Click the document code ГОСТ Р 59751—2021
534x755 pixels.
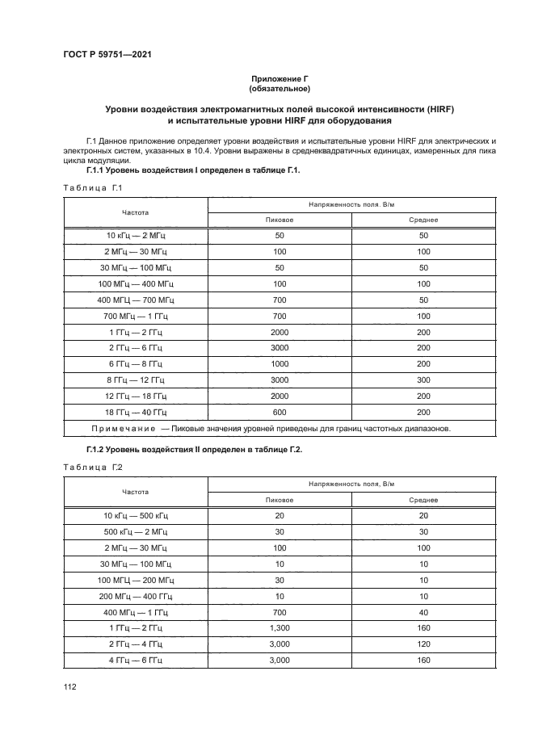coord(107,55)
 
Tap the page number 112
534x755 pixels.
coord(69,686)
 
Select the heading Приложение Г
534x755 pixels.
coord(280,78)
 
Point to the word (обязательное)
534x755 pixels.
coord(280,88)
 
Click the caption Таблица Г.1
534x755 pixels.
coord(91,188)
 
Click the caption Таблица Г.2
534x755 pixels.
coord(91,467)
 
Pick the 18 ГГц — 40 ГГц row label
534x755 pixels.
coord(136,411)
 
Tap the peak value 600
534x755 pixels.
coord(280,411)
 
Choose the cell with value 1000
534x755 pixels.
coord(280,363)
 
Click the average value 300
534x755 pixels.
coord(423,380)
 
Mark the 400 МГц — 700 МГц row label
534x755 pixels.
coord(136,300)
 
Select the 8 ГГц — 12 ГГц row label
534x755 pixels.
coord(136,380)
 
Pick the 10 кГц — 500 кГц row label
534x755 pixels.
coord(136,515)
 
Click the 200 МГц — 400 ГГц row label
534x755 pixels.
coord(136,595)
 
